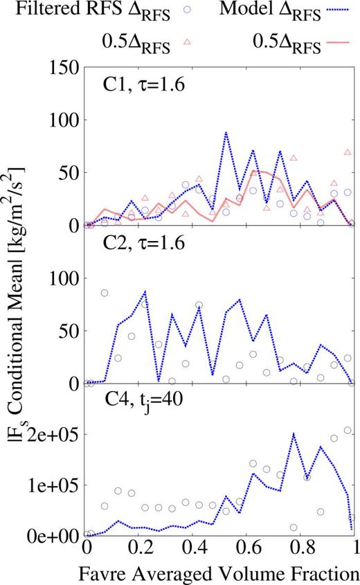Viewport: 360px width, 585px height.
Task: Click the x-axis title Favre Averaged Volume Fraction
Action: pyautogui.click(x=219, y=575)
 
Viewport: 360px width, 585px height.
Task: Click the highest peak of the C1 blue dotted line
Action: pyautogui.click(x=226, y=132)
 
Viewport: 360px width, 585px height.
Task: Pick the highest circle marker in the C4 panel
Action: pyautogui.click(x=348, y=430)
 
